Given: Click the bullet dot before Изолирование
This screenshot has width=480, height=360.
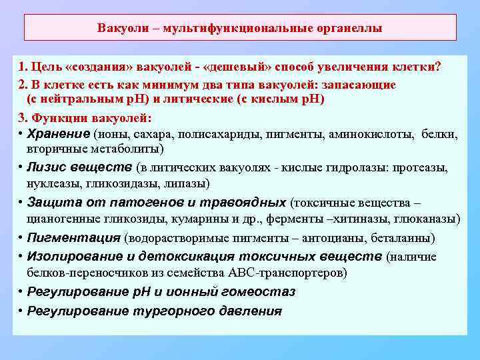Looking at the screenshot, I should [x=21, y=256].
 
